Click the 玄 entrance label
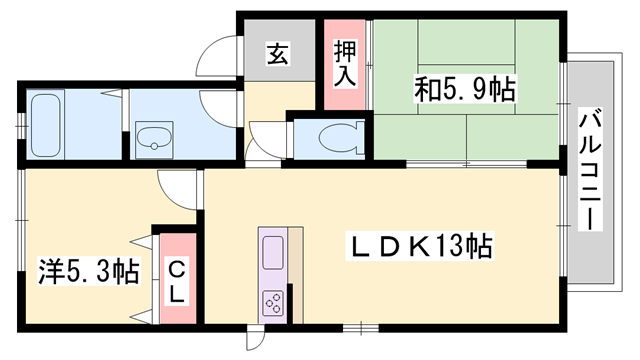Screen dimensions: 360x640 (277, 55)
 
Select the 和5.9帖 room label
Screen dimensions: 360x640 (464, 91)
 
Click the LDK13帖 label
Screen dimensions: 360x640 (418, 247)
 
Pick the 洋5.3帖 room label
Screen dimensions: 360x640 (88, 270)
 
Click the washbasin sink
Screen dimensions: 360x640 (152, 139)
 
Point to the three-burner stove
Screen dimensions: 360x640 (273, 301)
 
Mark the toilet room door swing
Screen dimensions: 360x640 (265, 138)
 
